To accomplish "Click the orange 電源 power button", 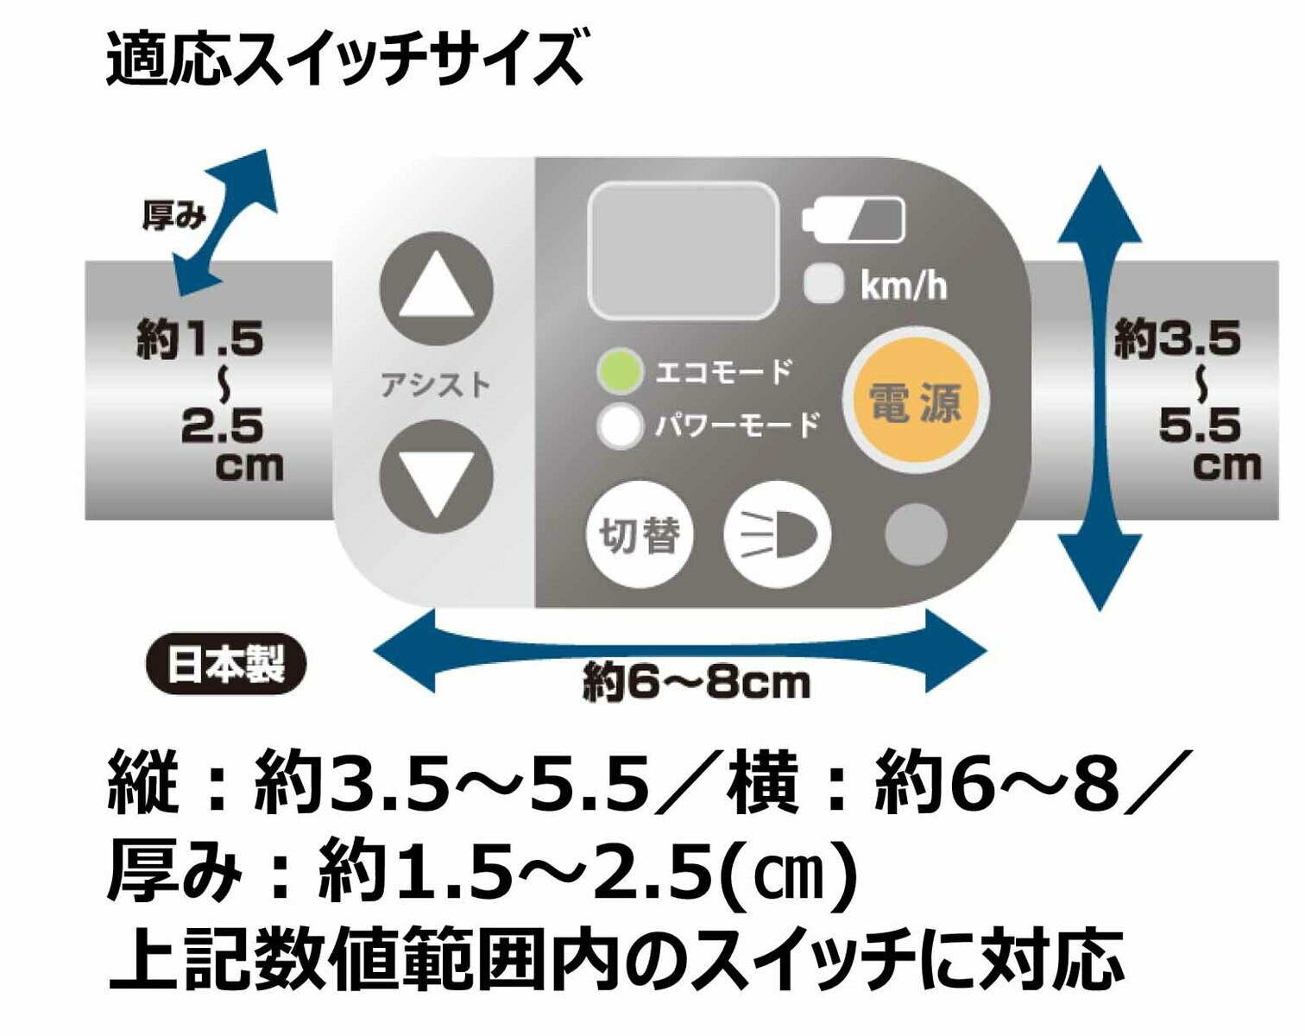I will tap(915, 401).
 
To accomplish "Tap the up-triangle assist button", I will tap(437, 288).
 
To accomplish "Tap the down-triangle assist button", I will tap(437, 477).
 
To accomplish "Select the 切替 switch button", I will tap(640, 535).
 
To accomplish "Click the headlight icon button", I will tap(778, 535).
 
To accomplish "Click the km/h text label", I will tap(903, 286).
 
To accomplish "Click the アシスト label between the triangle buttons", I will tap(436, 385).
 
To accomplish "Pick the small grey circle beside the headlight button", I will tap(917, 535).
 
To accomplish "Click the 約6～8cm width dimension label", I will tap(697, 684).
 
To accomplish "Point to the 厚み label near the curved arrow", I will tap(173, 217).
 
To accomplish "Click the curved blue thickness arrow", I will tap(227, 222).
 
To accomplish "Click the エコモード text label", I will tap(722, 372).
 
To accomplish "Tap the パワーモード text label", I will tap(736, 425).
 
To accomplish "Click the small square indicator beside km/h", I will tap(824, 284).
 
